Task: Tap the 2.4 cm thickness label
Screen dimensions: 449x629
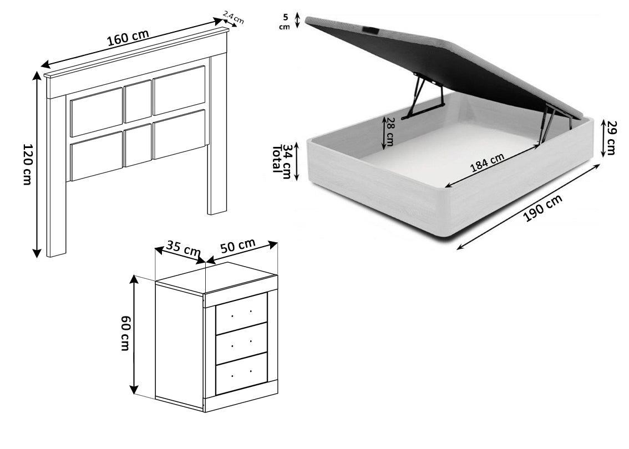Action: tap(233, 18)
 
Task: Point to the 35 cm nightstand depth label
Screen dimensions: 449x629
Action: tap(184, 250)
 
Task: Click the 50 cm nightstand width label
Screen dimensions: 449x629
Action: tap(238, 247)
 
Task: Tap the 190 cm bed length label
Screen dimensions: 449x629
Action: tap(543, 208)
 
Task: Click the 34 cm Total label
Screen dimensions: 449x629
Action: tap(282, 160)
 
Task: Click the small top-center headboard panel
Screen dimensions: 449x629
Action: tap(138, 101)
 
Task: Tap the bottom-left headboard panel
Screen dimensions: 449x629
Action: tap(97, 156)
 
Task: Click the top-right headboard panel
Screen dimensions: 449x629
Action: tap(179, 90)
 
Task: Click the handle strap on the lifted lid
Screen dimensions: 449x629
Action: tap(369, 29)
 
